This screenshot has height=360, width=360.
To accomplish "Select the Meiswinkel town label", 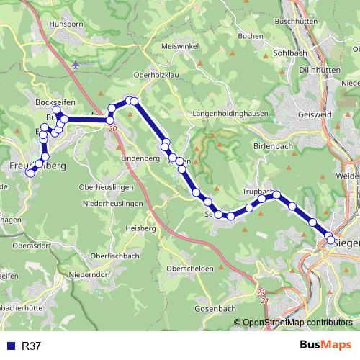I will [x=179, y=46].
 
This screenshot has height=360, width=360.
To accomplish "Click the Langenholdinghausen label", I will [x=230, y=114].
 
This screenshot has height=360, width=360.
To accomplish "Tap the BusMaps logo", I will [x=326, y=346].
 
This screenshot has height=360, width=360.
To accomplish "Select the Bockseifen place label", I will [x=51, y=103].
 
